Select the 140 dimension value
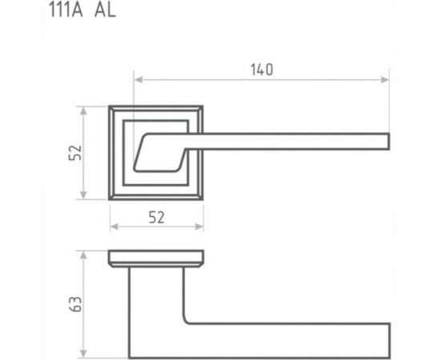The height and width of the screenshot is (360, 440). point(262,70)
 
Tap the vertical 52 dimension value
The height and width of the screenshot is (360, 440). point(74,153)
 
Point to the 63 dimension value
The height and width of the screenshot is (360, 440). point(75,304)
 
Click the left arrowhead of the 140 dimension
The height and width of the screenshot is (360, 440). point(137,79)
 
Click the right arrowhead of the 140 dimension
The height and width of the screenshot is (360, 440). point(386,79)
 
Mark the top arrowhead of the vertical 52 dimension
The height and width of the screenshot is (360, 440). point(85,108)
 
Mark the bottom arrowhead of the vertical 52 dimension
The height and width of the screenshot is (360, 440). point(85,197)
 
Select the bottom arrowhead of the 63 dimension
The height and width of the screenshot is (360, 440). point(85,355)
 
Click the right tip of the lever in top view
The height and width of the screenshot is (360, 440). point(387,142)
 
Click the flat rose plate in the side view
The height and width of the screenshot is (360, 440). point(156,258)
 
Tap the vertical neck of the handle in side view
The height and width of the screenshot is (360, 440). point(156,304)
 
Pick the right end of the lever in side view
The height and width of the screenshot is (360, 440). point(387,339)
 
